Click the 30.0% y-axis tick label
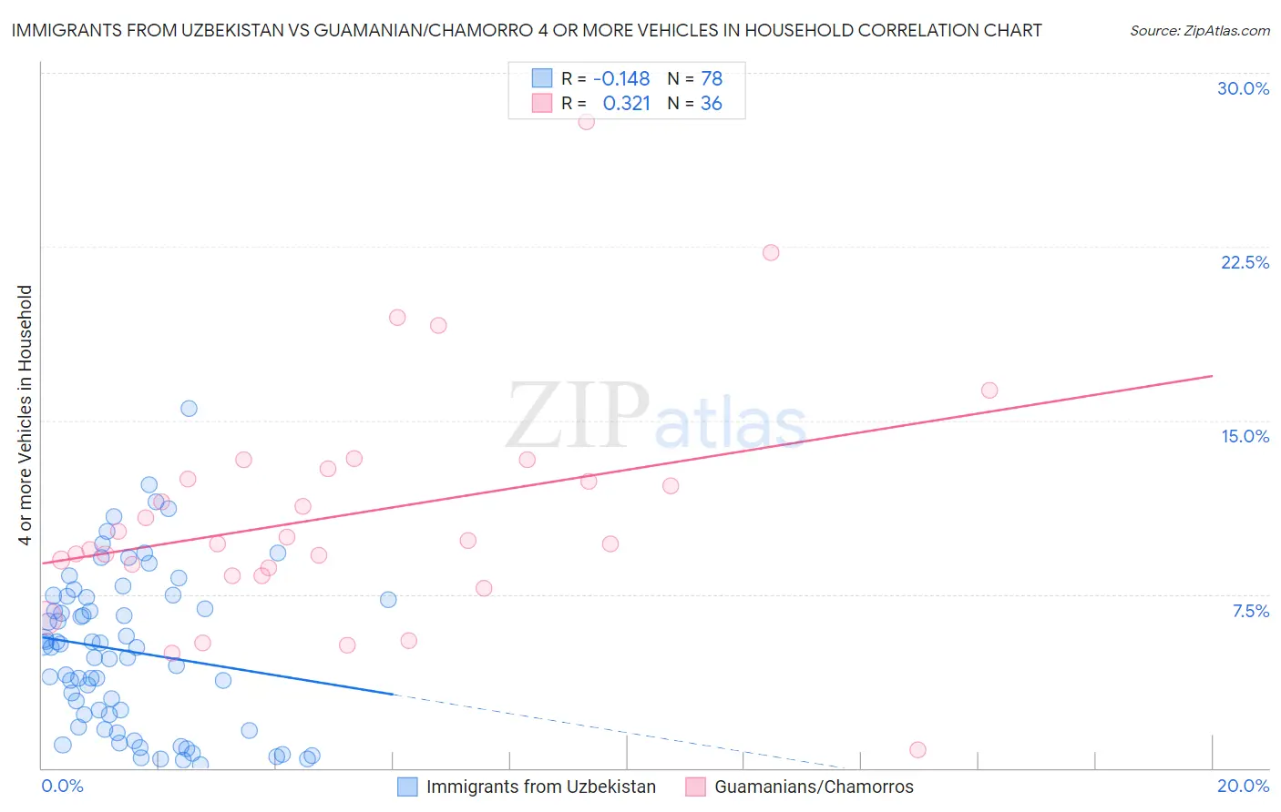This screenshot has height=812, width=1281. point(1243,88)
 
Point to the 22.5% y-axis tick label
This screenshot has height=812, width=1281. point(1245,262)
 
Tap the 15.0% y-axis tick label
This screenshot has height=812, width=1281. point(1245,436)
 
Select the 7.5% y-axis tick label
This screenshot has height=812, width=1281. point(1250,611)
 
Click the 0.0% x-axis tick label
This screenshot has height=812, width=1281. point(62,786)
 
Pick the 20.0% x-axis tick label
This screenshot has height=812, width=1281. point(1243,786)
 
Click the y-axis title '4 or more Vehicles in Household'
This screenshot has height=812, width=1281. point(26,415)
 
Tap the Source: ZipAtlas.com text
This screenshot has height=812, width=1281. point(1199,30)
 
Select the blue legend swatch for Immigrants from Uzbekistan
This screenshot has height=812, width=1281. point(407,787)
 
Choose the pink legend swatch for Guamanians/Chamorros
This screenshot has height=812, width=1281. point(695,787)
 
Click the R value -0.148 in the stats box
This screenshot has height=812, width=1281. point(621,78)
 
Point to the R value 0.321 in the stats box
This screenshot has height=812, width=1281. point(626,103)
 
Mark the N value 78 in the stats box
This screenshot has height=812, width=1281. point(712,78)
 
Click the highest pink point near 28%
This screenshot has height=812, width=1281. point(586,122)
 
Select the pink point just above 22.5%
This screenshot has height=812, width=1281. point(771,252)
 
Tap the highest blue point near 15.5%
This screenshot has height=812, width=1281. point(189,408)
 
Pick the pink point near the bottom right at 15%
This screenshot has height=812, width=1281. point(917,749)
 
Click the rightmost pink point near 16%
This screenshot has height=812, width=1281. point(989,390)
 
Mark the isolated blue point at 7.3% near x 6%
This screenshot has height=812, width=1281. point(388,599)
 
